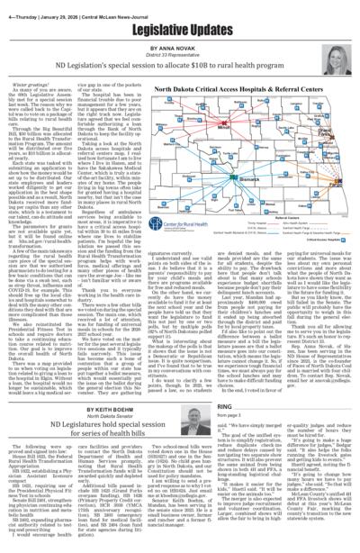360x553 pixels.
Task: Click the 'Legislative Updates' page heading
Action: click(179, 27)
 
